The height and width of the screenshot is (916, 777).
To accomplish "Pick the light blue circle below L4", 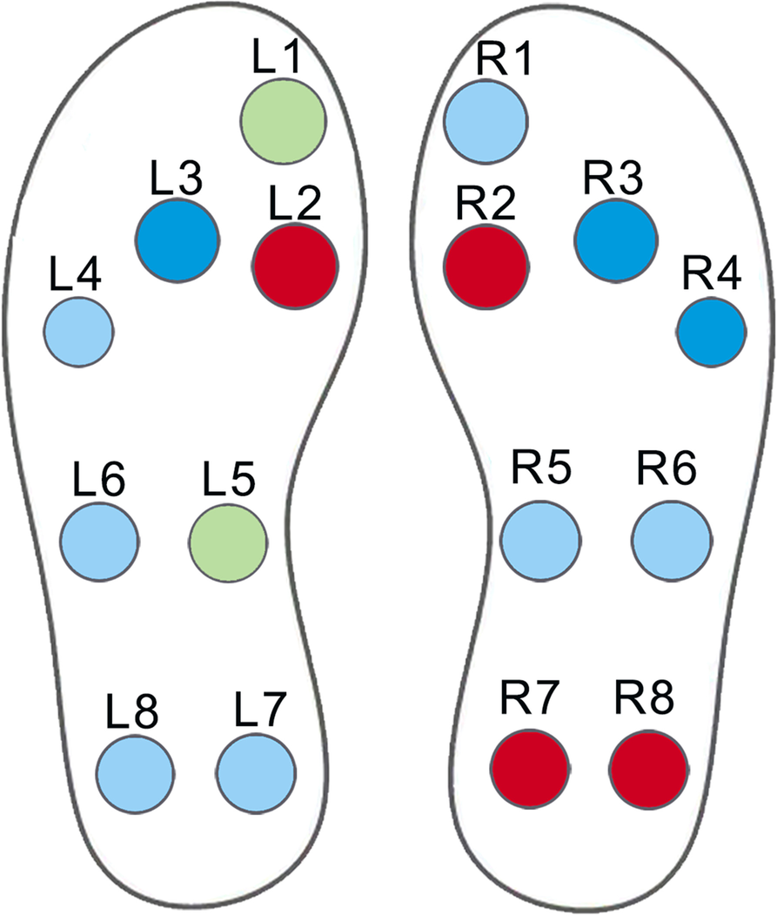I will tap(79, 332).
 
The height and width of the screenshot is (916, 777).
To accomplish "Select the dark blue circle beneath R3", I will tap(615, 240).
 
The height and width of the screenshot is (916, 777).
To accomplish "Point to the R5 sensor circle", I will tap(540, 541).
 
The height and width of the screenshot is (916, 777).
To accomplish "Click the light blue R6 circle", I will tap(671, 541).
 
